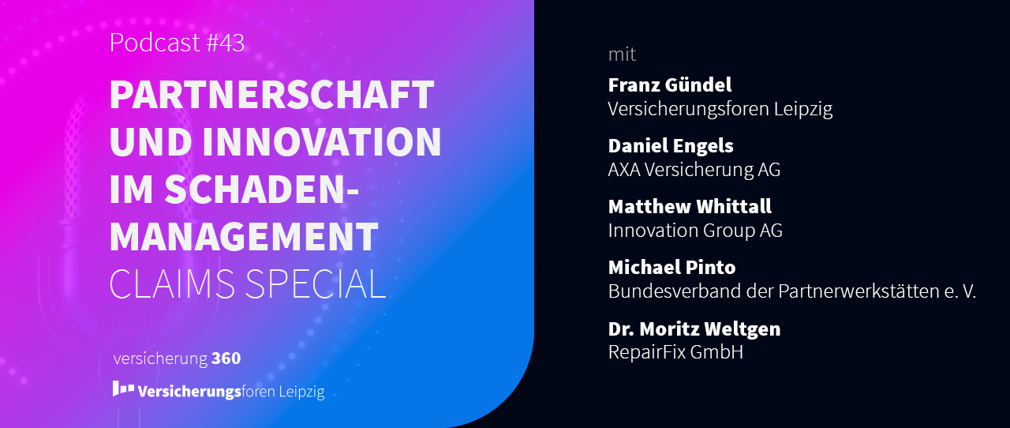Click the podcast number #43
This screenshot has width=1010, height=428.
(x=225, y=43)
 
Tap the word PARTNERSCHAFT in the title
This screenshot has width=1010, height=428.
(x=272, y=95)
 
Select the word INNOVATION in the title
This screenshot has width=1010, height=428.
(x=322, y=142)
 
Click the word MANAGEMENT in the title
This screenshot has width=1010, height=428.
(x=244, y=236)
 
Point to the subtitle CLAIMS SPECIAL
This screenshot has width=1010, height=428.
(x=248, y=284)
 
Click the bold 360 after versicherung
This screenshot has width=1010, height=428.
(x=226, y=359)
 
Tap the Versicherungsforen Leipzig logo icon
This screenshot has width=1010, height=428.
(x=123, y=389)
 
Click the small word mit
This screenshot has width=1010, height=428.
(x=622, y=54)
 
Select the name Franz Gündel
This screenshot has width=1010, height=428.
(x=670, y=84)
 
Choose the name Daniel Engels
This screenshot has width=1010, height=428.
(x=671, y=146)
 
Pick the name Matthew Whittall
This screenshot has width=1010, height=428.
(x=690, y=206)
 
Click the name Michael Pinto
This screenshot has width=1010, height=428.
(x=671, y=267)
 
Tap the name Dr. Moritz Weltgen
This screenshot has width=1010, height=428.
(x=694, y=329)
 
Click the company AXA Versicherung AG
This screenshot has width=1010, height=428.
(x=694, y=170)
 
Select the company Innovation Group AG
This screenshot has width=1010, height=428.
(x=695, y=231)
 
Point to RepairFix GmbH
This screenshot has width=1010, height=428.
(x=675, y=352)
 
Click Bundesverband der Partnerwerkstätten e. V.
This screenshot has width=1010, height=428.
(x=791, y=291)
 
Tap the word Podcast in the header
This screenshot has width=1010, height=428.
(x=155, y=43)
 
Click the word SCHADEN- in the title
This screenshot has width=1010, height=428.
(x=261, y=190)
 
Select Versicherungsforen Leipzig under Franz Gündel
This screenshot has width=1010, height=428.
(x=720, y=109)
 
